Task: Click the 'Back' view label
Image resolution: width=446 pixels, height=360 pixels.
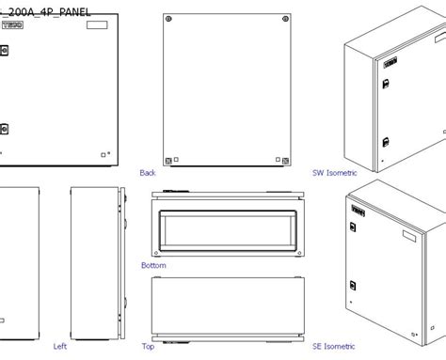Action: pos(148,173)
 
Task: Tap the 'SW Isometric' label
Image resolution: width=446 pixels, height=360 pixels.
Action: pos(335,173)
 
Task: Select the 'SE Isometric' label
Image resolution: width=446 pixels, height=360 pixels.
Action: pos(335,346)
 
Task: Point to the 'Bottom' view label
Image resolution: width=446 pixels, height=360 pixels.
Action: pos(153,266)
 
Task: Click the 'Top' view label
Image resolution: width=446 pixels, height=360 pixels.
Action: pos(148,346)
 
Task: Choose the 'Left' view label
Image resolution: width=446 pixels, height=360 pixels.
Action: pos(59,346)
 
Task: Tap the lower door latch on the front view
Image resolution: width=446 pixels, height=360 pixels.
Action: pos(3,130)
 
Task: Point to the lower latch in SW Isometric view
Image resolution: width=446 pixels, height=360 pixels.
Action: pos(385,144)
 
